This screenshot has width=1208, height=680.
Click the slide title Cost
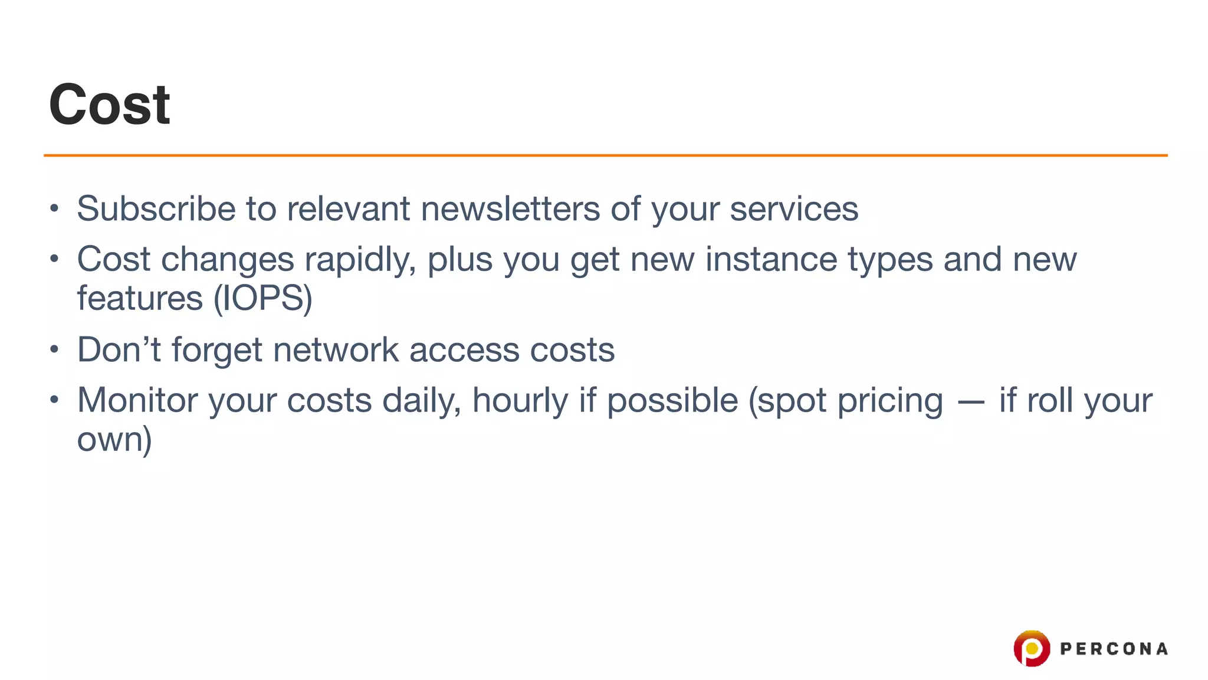110,105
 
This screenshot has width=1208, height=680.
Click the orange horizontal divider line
605,155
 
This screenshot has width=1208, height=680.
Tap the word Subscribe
156,209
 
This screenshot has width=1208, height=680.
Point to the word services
794,209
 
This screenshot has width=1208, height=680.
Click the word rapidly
360,260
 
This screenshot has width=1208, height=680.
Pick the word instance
771,260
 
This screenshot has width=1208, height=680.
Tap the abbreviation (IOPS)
262,298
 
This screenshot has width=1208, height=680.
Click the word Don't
119,349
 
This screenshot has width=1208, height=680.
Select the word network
336,349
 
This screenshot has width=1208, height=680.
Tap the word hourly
520,400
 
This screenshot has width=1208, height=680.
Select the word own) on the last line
114,440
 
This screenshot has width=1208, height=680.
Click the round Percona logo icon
1032,648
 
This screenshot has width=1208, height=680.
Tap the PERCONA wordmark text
1114,649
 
